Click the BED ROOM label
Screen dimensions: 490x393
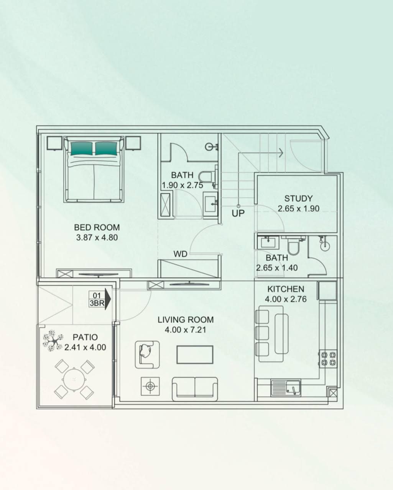97,227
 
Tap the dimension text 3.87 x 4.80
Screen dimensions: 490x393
97,238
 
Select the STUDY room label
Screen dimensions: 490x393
298,198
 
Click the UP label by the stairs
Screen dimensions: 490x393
238,213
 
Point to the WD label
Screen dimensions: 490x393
180,254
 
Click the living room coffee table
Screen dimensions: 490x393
195,354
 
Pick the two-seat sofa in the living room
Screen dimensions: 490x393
195,388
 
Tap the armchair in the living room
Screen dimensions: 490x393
147,354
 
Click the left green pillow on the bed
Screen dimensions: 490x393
81,149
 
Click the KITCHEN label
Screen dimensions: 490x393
286,289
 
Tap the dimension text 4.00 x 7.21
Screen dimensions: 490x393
186,330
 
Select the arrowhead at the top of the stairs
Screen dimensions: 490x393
281,153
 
